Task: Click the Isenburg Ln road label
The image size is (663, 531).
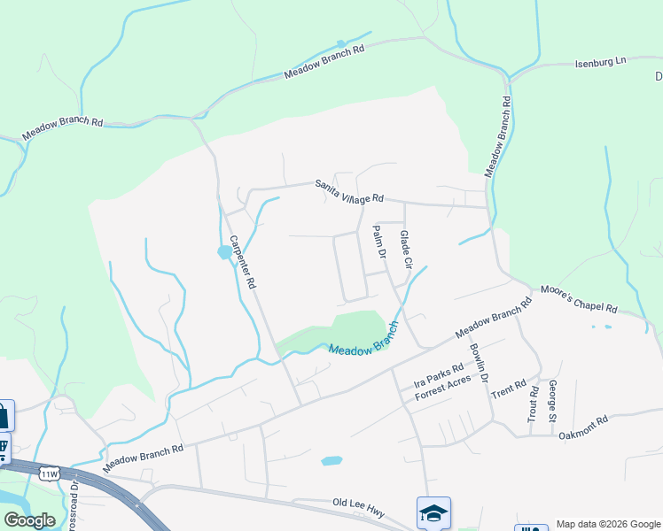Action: pyautogui.click(x=601, y=61)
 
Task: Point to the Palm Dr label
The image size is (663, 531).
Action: pyautogui.click(x=379, y=241)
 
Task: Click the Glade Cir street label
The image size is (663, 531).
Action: pyautogui.click(x=406, y=250)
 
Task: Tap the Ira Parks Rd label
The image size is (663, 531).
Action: pyautogui.click(x=439, y=377)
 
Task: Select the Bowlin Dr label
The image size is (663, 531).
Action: pyautogui.click(x=479, y=361)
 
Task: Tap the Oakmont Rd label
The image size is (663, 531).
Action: pyautogui.click(x=582, y=427)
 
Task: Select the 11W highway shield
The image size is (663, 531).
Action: pyautogui.click(x=49, y=474)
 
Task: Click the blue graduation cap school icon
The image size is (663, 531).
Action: pyautogui.click(x=433, y=512)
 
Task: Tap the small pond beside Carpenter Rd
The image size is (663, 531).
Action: pyautogui.click(x=224, y=252)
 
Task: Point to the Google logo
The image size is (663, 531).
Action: pyautogui.click(x=29, y=520)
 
